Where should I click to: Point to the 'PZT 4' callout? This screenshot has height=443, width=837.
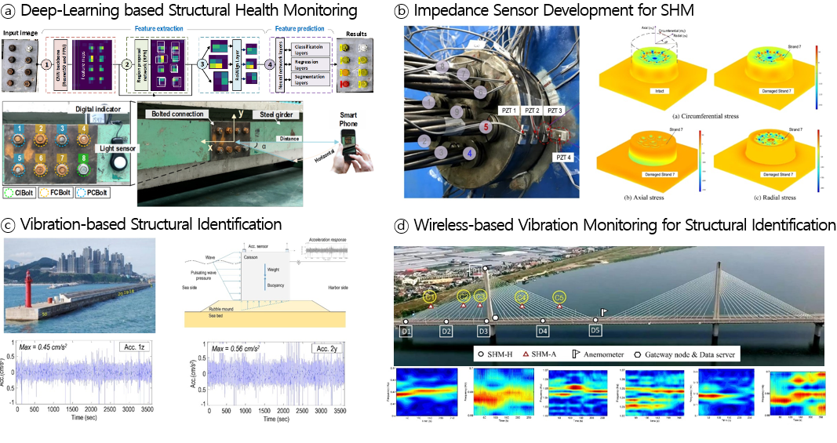(564, 157)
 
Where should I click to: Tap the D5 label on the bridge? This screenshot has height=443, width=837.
(595, 331)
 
